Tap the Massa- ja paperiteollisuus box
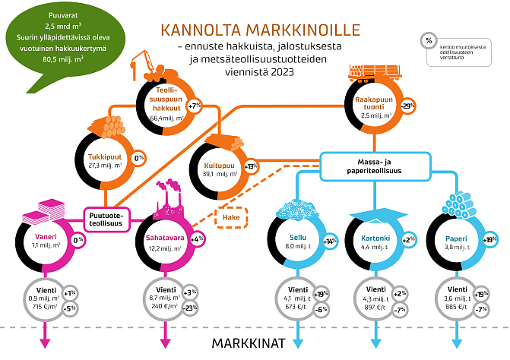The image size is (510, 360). click(x=369, y=165)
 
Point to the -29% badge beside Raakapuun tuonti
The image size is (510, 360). click(x=407, y=106)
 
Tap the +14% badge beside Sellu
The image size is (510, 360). click(x=330, y=242)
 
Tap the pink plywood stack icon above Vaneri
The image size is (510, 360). click(x=36, y=210)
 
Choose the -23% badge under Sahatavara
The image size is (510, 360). click(x=188, y=308)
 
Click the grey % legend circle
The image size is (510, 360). click(x=429, y=41)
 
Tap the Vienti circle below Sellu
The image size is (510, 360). click(x=293, y=295)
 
